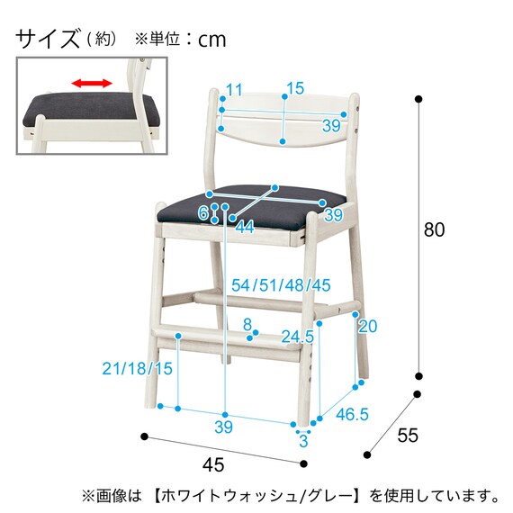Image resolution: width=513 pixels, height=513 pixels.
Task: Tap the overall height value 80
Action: coord(434,230)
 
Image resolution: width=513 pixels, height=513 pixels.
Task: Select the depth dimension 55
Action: coord(408,436)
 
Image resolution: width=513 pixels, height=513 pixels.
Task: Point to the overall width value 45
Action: coord(213,465)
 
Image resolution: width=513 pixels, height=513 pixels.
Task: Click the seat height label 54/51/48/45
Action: coord(281,285)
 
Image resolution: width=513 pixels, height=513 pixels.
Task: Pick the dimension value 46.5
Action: coord(351,416)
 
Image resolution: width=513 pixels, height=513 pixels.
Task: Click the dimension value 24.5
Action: coord(297,337)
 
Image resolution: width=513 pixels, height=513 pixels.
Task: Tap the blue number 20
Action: coord(367,326)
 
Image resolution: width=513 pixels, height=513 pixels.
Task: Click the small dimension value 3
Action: coord(303,441)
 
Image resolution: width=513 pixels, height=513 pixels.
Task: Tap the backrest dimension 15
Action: coord(294,88)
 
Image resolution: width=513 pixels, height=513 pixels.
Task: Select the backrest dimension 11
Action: coord(234,88)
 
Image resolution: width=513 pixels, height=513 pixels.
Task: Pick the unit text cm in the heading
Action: coord(211,39)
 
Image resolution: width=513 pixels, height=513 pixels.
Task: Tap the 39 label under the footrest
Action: coord(223,426)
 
